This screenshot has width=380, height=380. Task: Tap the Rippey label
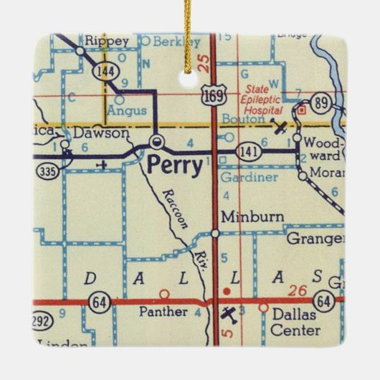pyautogui.click(x=101, y=41)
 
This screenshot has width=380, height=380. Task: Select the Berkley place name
pyautogui.click(x=163, y=42)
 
